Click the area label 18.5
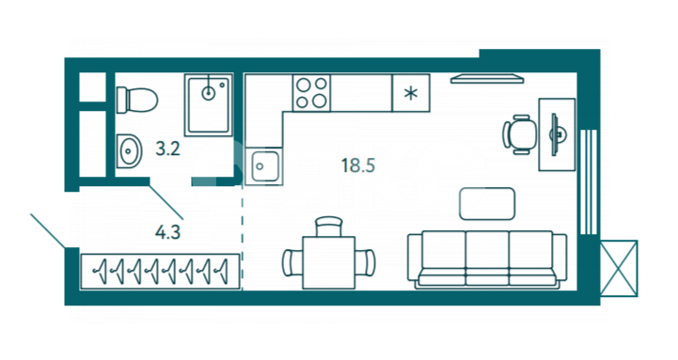coord(357,165)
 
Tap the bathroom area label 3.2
coord(167,149)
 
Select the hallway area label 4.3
coord(167,232)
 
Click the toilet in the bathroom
coord(137,100)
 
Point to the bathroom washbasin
coord(129,150)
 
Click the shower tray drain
coord(209,92)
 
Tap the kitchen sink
coord(264,166)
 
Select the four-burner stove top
coord(311,93)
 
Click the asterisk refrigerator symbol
coord(411,93)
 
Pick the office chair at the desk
coord(519,134)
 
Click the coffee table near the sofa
coord(487,204)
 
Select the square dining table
coord(328,262)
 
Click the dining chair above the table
coord(329,227)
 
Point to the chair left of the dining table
coord(292,262)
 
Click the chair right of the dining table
coord(366,262)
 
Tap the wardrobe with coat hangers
coord(160,272)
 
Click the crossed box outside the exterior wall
coord(619,269)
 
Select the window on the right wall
coord(588,181)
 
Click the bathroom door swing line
coord(166,202)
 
